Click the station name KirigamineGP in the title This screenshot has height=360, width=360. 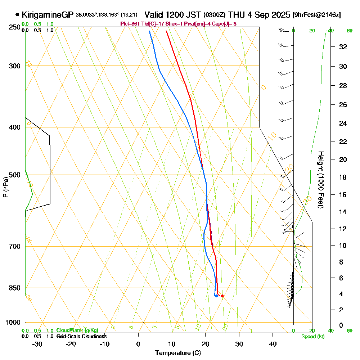[48, 15]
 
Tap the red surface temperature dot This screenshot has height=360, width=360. [222, 296]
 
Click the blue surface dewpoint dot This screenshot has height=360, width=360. [216, 296]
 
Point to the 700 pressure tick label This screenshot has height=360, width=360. [13, 247]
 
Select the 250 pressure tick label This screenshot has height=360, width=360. [13, 27]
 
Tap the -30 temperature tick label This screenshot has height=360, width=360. [37, 344]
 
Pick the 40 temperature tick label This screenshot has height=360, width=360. [273, 344]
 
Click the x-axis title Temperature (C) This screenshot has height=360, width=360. [178, 353]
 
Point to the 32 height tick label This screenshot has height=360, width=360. [343, 47]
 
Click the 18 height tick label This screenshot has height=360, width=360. [343, 177]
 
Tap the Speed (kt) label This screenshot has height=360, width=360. [312, 337]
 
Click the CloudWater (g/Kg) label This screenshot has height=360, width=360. [77, 330]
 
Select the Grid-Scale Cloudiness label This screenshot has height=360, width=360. [81, 336]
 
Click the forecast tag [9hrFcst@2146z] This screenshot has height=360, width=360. [317, 15]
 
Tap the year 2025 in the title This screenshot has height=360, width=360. [280, 15]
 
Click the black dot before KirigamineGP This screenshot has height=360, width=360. [17, 15]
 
